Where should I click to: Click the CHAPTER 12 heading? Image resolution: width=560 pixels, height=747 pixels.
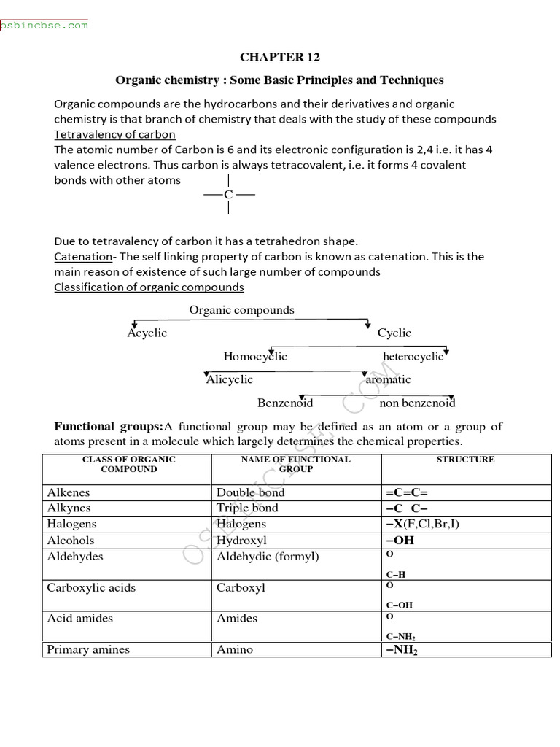280,57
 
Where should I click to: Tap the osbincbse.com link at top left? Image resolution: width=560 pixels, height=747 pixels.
44,25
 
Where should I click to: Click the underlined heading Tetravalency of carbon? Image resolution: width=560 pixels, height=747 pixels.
114,134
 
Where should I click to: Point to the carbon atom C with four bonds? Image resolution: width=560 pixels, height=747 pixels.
229,195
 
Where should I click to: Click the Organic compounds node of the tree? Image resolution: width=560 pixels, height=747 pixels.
241,310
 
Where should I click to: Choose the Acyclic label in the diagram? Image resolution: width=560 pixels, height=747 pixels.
147,333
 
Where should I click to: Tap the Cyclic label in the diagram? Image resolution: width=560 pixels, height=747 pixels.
394,333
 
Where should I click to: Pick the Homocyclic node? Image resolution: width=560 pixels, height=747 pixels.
255,357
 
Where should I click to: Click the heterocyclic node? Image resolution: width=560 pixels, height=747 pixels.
413,357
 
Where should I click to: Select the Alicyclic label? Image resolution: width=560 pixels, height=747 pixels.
230,379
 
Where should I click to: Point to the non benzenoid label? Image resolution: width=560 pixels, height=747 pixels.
417,403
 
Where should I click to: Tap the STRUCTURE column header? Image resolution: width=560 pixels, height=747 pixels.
465,460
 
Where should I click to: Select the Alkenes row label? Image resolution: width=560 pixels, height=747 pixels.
69,492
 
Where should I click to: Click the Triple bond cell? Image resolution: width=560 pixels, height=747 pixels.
247,508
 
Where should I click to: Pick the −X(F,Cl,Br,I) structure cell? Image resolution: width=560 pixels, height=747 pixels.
422,524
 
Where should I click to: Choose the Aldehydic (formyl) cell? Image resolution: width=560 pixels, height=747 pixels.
268,557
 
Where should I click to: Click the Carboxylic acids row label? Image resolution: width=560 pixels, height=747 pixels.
91,588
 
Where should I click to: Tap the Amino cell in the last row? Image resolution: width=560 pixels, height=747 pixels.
234,649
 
